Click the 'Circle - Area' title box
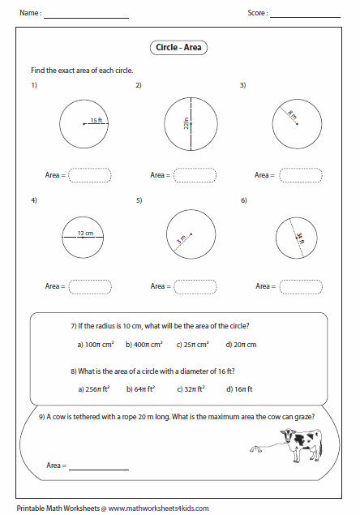[178, 48]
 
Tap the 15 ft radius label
[96, 120]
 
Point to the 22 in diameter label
[186, 123]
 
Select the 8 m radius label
[292, 114]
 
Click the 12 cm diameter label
[85, 234]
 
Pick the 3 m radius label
[182, 239]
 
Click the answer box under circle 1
[90, 175]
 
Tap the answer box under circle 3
[301, 175]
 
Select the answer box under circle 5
[195, 286]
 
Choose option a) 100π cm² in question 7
[96, 345]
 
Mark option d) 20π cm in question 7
[241, 345]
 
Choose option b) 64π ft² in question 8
[140, 389]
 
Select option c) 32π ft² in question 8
[191, 389]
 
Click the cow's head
[288, 436]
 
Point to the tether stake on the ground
[256, 449]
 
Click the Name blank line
[87, 19]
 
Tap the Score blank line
[305, 17]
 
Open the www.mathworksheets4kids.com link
[159, 509]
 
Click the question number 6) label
[244, 200]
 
